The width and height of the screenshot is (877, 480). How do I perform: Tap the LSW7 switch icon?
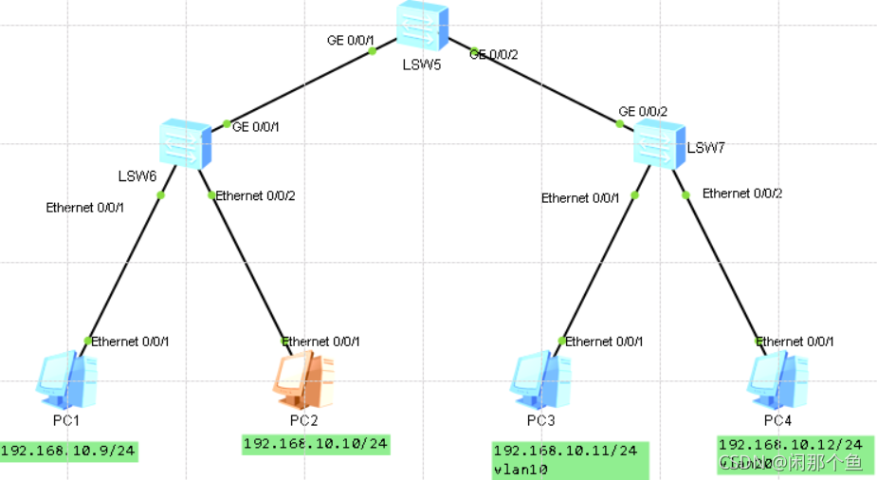660,145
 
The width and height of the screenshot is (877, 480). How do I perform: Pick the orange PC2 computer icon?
302,378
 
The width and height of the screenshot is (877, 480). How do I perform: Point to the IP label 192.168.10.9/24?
69,452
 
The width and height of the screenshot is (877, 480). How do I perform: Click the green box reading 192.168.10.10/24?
316,444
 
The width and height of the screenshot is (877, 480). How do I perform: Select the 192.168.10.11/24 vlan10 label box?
570,459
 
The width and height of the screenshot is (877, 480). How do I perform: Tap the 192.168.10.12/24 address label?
790,444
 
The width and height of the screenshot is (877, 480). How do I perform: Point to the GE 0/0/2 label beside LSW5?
495,55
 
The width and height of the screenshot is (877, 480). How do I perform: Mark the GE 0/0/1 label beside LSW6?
255,126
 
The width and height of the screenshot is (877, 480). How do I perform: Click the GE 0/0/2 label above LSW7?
643,111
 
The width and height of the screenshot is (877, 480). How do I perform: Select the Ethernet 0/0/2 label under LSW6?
255,196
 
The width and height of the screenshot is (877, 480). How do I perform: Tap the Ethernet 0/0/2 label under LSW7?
742,194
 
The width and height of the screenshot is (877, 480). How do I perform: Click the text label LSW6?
137,175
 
